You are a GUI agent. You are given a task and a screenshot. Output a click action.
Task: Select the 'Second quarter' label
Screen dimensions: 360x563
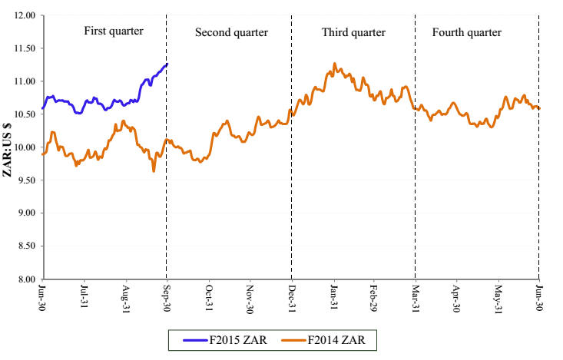point(231,32)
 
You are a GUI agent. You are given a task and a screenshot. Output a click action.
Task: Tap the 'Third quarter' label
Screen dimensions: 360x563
point(353,32)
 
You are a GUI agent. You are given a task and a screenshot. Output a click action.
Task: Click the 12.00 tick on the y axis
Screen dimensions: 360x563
point(25,15)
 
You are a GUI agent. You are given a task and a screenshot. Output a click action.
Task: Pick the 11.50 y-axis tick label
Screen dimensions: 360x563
point(25,48)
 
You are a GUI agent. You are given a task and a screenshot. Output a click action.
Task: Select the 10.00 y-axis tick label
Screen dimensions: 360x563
point(25,147)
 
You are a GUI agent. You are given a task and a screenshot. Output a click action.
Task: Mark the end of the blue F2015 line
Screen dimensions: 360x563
point(167,64)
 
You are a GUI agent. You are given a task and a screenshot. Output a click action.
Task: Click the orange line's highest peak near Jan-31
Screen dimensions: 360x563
point(334,64)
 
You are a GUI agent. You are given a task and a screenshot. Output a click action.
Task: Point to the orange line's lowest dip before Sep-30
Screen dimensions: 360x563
point(154,170)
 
